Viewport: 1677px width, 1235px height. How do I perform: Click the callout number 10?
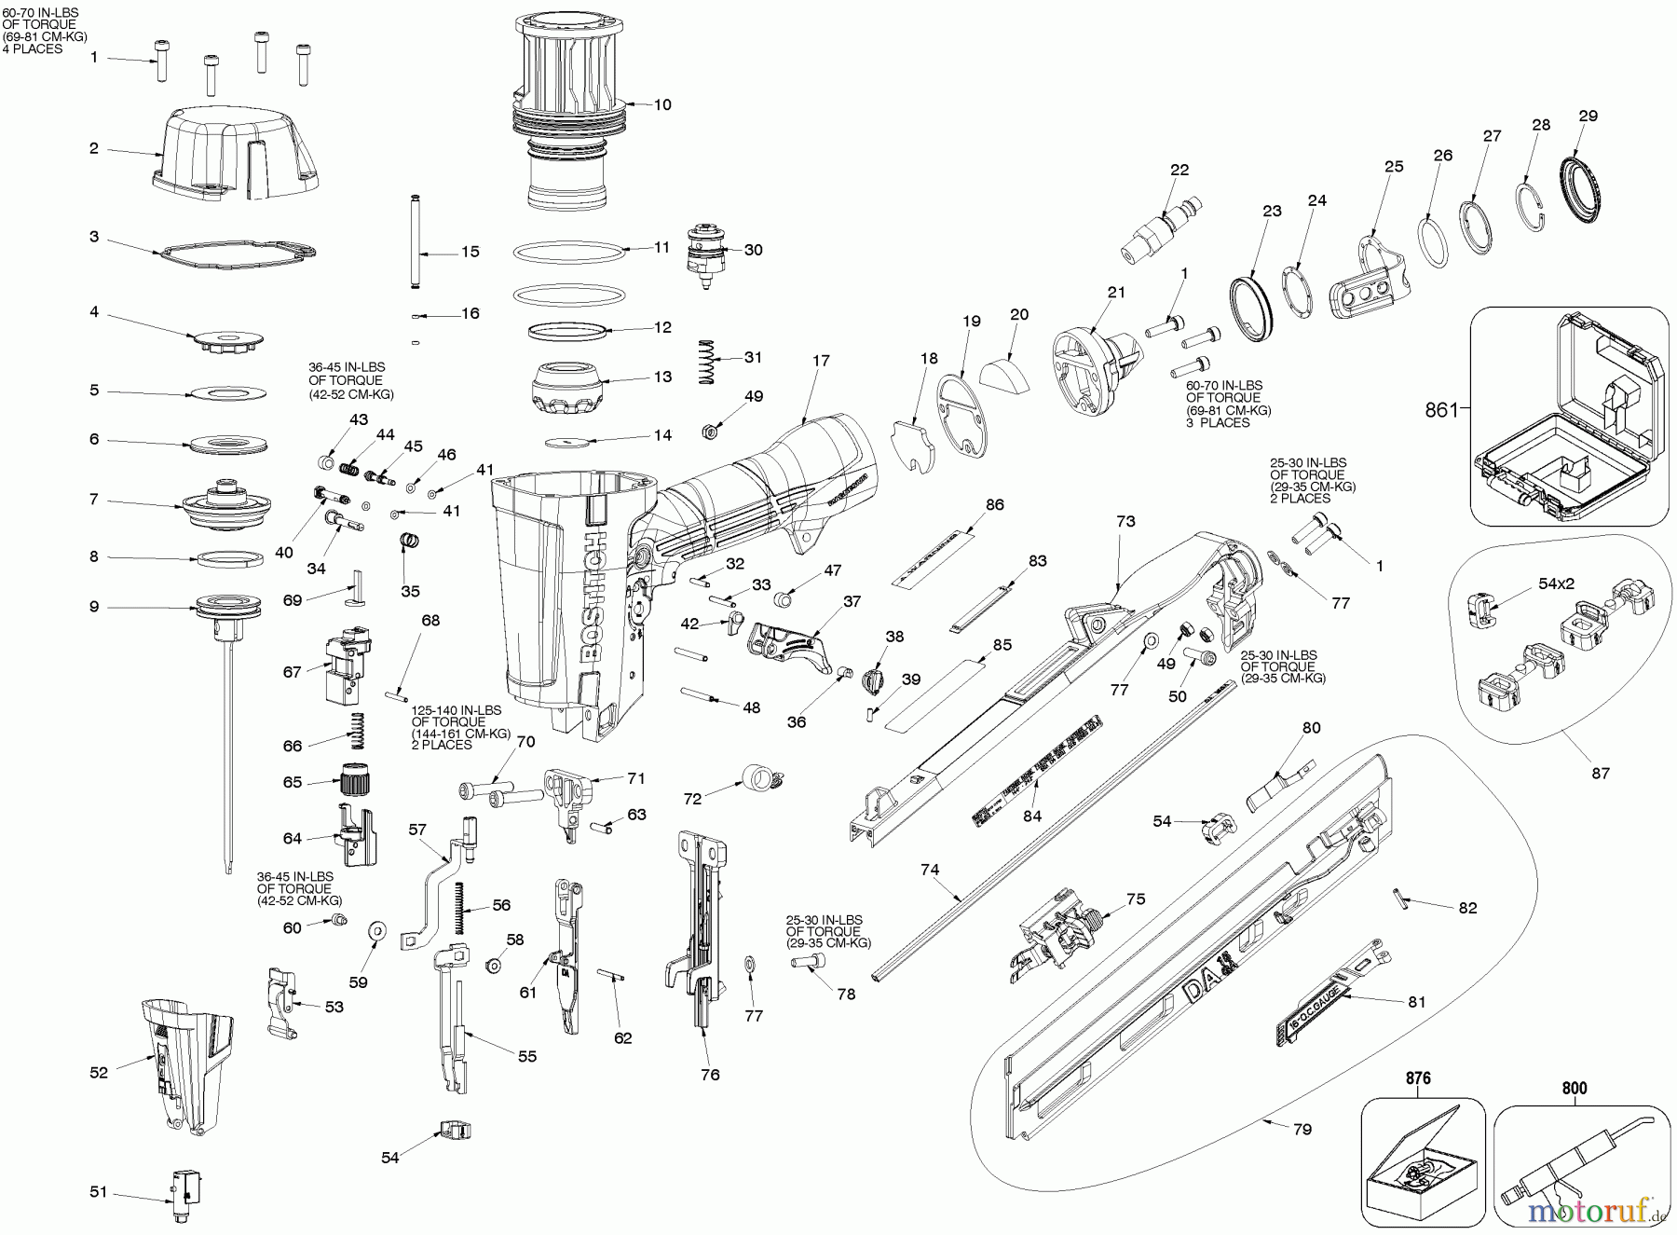[661, 104]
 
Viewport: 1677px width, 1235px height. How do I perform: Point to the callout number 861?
[1442, 409]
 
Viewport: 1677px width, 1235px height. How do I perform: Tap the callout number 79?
[1302, 1129]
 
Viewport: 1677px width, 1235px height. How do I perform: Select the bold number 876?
[1417, 1078]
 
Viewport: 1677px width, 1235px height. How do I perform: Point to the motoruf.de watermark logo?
[1602, 1209]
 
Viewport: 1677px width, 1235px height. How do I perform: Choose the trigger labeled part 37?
[788, 643]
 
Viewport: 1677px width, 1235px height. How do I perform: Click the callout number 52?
[99, 1072]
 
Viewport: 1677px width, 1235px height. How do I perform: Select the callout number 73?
[1125, 522]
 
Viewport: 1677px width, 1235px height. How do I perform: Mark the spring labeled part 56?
[458, 908]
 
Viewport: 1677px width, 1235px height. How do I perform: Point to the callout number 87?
[1601, 773]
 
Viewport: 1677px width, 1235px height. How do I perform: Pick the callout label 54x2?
[1557, 583]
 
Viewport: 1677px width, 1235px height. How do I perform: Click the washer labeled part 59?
[378, 930]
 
